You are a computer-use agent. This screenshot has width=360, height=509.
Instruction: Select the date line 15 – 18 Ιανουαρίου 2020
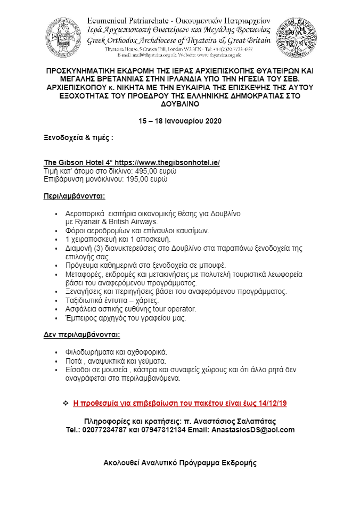tap(180, 121)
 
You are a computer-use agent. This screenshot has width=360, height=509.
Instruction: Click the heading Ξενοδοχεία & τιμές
tap(78, 137)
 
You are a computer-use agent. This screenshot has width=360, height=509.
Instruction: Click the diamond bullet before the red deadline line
tap(66, 403)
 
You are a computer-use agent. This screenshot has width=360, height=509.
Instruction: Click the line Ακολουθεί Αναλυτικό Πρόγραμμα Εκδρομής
tap(180, 463)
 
